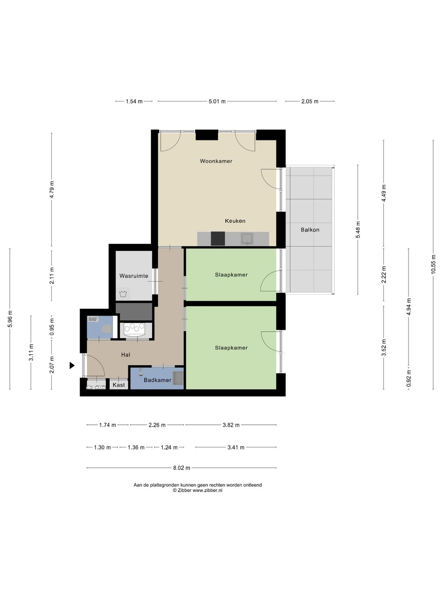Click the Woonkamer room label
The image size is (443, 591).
(216, 161)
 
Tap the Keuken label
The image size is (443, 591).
(235, 221)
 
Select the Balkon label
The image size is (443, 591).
(310, 230)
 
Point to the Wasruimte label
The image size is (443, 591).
(134, 276)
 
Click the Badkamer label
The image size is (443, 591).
(158, 380)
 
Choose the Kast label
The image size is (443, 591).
(119, 385)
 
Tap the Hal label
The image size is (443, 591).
(126, 355)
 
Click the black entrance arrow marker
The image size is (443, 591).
(72, 365)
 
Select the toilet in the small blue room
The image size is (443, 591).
(107, 329)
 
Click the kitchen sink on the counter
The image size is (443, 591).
(247, 239)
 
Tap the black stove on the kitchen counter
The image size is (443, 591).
(217, 238)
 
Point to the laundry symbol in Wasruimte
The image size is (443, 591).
(123, 293)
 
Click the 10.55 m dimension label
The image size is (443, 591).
(433, 264)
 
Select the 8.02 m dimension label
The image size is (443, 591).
(182, 468)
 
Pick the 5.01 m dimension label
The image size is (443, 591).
(217, 101)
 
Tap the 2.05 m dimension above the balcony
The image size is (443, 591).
(310, 101)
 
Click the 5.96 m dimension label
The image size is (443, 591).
(10, 319)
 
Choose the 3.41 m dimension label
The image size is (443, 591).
(236, 447)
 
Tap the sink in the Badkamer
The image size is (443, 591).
(178, 378)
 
